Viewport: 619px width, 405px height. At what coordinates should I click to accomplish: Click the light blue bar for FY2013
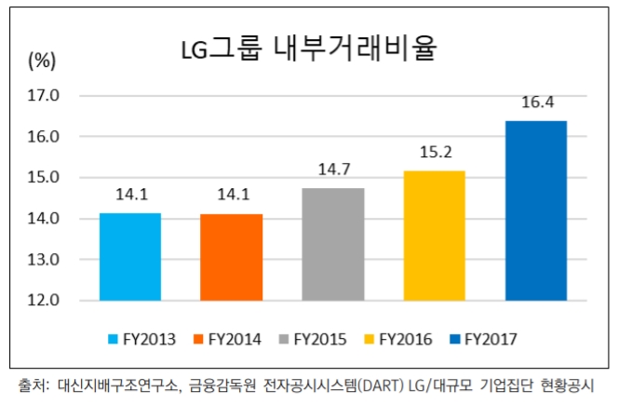click(x=129, y=257)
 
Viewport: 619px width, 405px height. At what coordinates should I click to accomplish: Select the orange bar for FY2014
click(x=231, y=257)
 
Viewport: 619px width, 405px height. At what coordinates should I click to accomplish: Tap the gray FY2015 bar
click(x=332, y=244)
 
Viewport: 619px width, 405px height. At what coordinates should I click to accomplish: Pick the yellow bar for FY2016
click(x=434, y=236)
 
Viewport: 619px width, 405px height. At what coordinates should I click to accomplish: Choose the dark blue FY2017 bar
click(x=535, y=210)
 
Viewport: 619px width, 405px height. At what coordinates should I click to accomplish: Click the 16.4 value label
click(x=536, y=102)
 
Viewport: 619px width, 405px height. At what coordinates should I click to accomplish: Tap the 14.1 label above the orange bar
click(x=231, y=196)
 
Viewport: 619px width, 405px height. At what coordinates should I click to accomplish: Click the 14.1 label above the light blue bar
click(x=130, y=196)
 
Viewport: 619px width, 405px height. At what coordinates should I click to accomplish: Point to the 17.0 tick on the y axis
click(x=45, y=95)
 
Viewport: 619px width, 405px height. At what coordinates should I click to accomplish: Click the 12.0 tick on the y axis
click(x=45, y=301)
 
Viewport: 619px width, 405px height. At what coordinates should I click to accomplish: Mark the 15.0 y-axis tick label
click(x=45, y=178)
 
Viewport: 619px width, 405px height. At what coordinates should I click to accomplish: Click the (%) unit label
click(x=42, y=61)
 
